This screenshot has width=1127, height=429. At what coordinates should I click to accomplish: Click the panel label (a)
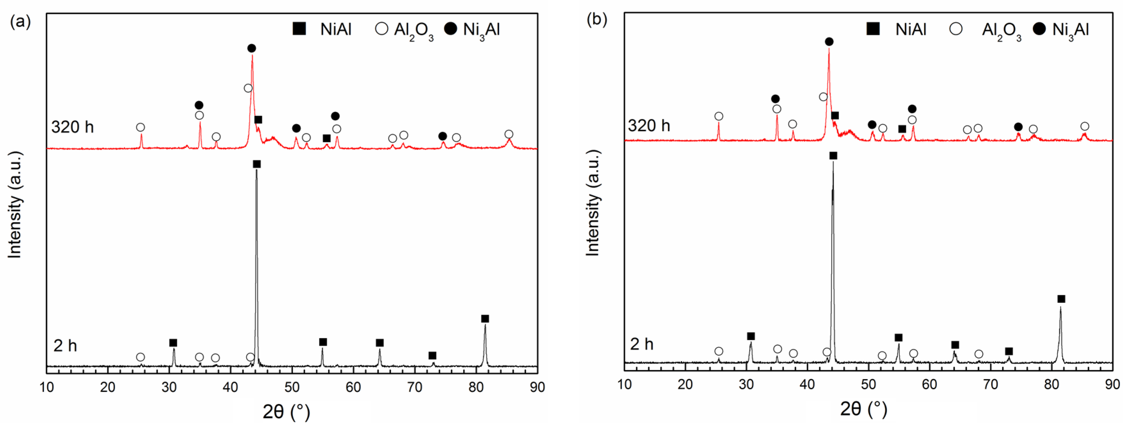click(20, 21)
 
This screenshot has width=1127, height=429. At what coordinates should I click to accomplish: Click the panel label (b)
click(597, 20)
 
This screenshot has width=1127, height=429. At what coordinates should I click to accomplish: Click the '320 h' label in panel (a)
click(72, 127)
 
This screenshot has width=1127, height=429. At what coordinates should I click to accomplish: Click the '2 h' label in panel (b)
click(641, 344)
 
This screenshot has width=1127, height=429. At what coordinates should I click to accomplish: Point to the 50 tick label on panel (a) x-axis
click(292, 387)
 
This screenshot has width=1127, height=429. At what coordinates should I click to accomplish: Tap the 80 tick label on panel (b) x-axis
click(1051, 384)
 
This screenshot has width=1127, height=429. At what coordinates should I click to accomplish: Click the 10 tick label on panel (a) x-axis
click(47, 387)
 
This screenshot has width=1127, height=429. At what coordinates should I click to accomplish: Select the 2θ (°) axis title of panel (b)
click(863, 409)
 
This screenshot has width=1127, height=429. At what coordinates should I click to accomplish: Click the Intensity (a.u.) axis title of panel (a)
click(15, 205)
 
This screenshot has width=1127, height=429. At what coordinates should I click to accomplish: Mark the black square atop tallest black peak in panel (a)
click(257, 164)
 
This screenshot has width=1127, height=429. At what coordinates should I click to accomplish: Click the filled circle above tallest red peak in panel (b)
click(829, 42)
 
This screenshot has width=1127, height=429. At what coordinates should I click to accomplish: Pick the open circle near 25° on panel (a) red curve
click(140, 127)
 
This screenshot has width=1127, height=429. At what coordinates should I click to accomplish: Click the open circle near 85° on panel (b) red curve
click(1084, 126)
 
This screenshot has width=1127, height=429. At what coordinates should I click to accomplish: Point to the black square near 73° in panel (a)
click(432, 355)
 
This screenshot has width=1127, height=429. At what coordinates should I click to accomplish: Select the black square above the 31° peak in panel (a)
click(173, 343)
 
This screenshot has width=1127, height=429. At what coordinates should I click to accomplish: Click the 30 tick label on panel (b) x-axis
click(746, 384)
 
